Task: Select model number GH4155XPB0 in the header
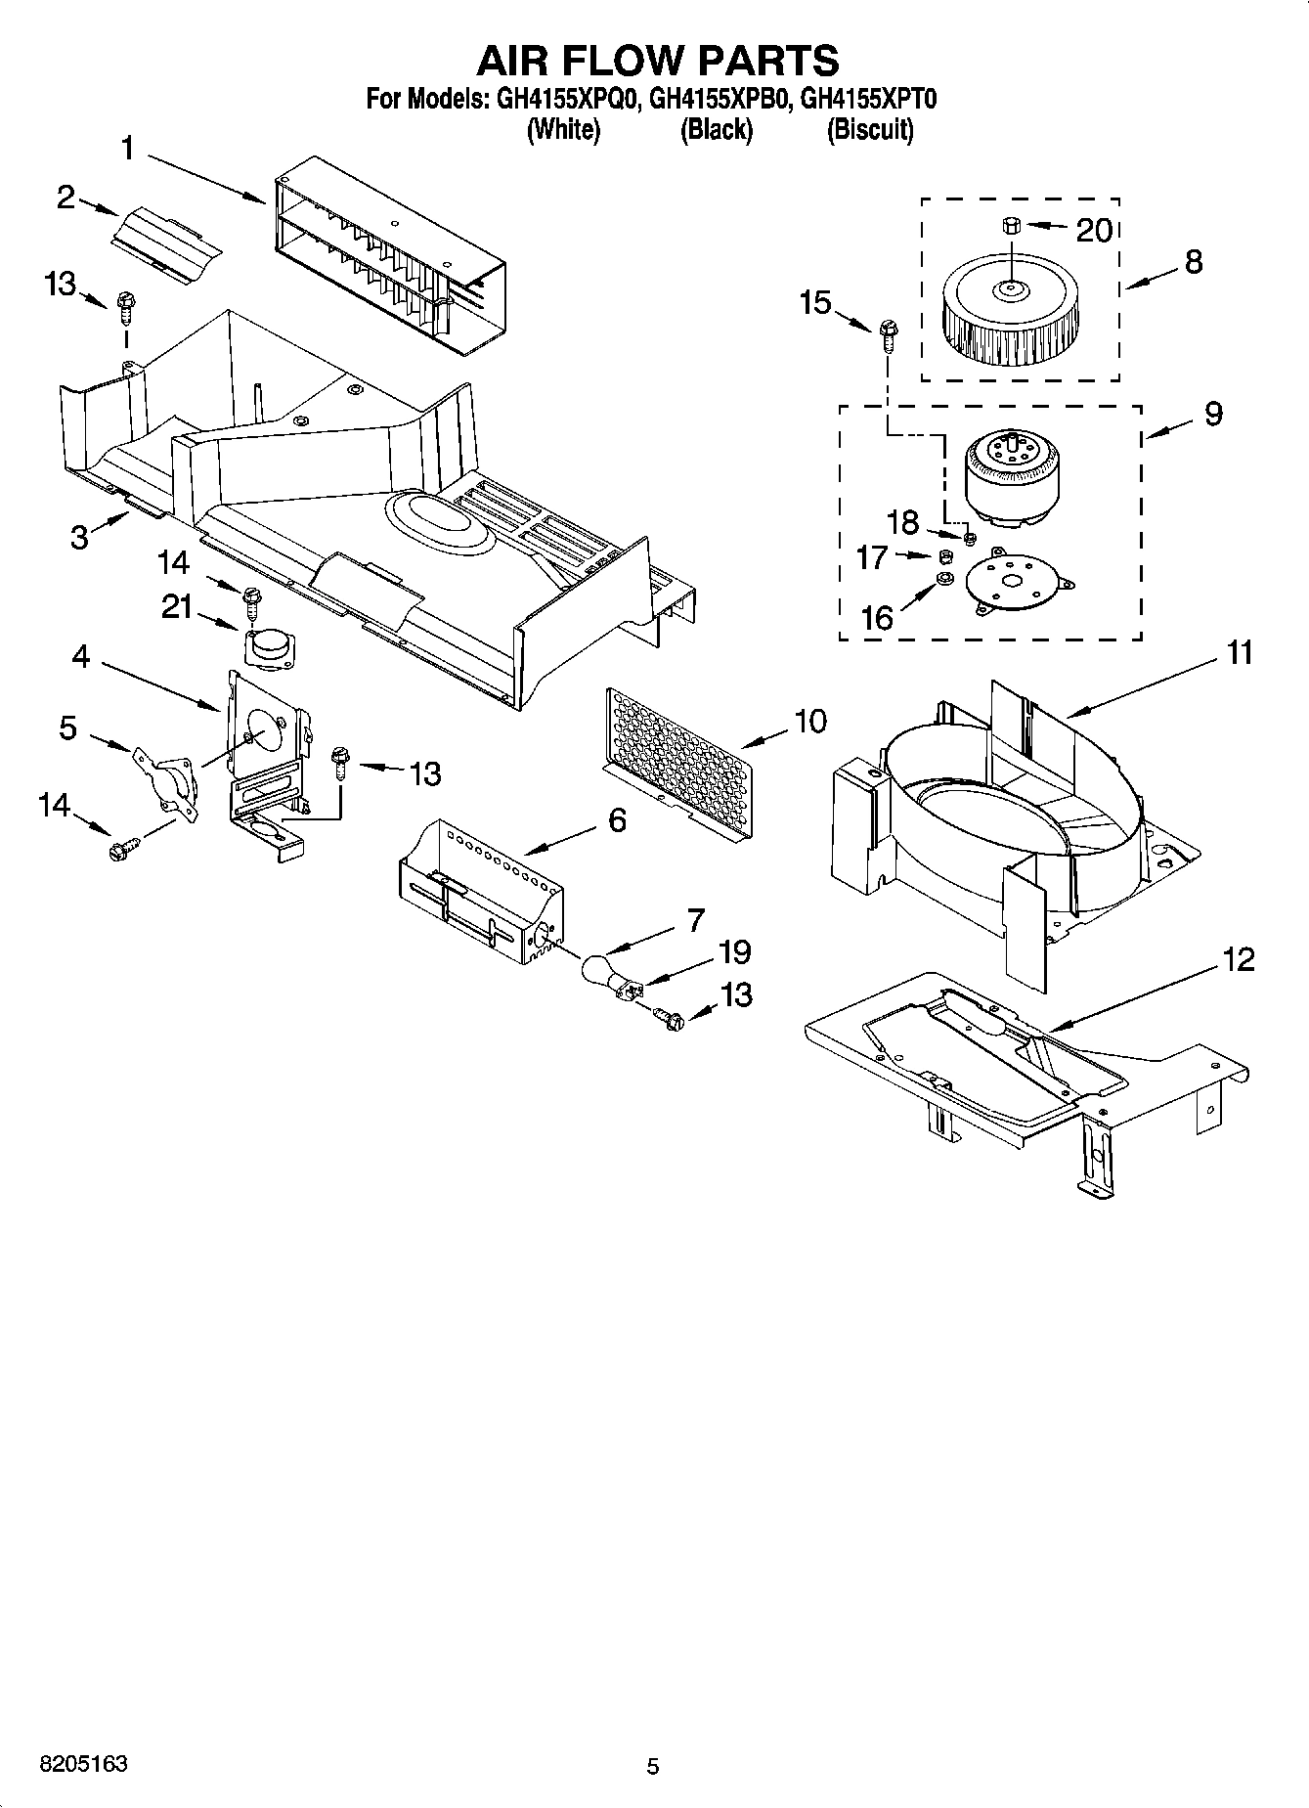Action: click(x=719, y=99)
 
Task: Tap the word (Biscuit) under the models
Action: click(x=870, y=129)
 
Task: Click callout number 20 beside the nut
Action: click(x=1094, y=231)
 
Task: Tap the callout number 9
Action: click(x=1212, y=414)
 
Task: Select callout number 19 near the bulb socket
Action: click(x=734, y=951)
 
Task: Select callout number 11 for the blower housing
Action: click(x=1240, y=652)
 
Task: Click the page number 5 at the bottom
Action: click(x=653, y=1766)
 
